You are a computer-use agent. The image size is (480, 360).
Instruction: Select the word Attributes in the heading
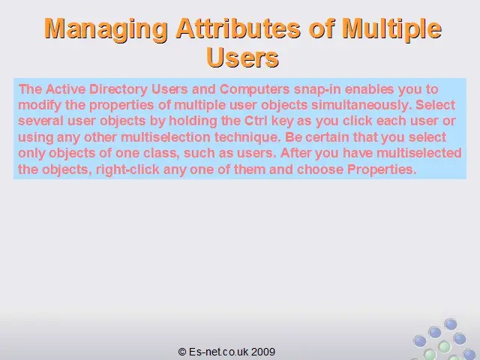coord(238,28)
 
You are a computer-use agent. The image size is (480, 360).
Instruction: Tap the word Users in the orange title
coord(242,58)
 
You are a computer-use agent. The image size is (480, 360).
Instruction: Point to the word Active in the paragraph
coord(65,89)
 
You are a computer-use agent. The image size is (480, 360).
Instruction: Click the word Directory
coord(118,90)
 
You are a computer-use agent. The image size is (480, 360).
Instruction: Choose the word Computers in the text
coord(255,90)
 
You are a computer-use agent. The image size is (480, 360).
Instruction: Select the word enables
coord(370,89)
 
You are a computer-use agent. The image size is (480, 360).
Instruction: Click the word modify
coord(40,106)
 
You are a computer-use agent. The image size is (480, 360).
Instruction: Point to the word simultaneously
coord(361,106)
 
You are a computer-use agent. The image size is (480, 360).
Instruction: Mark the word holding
coord(193,121)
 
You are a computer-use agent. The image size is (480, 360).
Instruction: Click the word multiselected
coord(419,153)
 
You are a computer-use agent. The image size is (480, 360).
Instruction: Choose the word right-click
coord(127,169)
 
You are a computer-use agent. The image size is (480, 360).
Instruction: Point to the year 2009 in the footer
coord(263,352)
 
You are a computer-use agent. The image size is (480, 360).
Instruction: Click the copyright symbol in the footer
coord(182,352)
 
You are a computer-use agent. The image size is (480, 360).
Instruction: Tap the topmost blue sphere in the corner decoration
coord(451,324)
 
